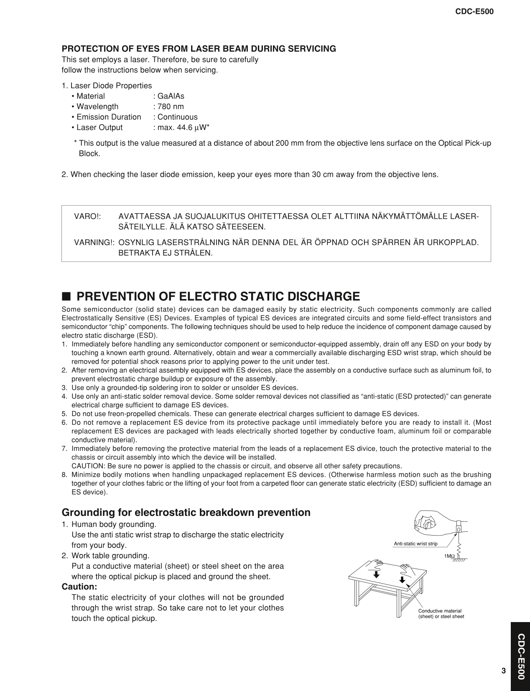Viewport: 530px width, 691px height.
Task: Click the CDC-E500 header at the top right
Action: (474, 12)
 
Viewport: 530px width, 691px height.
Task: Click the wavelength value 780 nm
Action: (168, 107)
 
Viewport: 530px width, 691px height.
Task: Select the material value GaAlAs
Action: (168, 96)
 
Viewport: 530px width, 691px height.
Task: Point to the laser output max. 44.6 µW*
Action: (181, 127)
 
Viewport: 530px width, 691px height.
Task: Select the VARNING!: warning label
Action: (94, 242)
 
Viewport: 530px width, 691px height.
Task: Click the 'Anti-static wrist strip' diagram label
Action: (415, 544)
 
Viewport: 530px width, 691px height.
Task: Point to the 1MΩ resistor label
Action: (450, 556)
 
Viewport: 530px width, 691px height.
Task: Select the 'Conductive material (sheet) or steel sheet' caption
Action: (441, 614)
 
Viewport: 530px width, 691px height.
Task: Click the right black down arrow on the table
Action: (402, 579)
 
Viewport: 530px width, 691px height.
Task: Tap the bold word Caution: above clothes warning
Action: (79, 587)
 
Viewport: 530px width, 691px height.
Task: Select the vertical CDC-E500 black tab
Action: (520, 656)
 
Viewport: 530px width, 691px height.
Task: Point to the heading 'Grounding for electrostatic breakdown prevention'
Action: (186, 513)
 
